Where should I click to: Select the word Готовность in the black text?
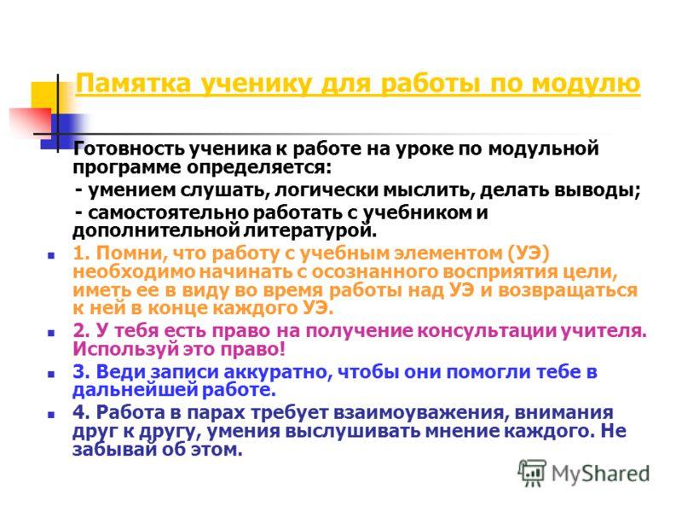(x=130, y=148)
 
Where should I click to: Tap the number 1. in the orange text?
(x=82, y=253)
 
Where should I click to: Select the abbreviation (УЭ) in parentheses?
(x=528, y=253)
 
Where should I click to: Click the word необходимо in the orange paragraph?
(x=134, y=272)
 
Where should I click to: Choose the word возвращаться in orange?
(x=568, y=291)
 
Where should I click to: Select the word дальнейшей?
(x=135, y=390)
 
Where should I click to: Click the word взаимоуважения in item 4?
(x=421, y=412)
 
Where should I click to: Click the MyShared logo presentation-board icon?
(x=532, y=473)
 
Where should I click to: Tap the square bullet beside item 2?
(x=51, y=334)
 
